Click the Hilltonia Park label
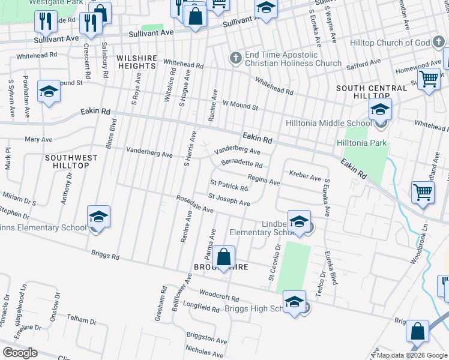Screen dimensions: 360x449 pos(361,143)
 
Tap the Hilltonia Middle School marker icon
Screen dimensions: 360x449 pos(380,110)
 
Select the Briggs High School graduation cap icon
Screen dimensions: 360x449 pos(294,302)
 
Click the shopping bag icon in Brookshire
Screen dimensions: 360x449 pos(223,258)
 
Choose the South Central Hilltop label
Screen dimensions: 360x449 pos(372,92)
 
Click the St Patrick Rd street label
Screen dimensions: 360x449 pos(229,185)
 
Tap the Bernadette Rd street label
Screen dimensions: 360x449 pos(241,163)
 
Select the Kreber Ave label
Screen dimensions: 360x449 pos(305,176)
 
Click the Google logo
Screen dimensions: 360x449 pos(20,353)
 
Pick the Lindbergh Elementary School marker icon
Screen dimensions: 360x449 pos(298,223)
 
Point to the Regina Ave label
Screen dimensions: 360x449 pos(264,179)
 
